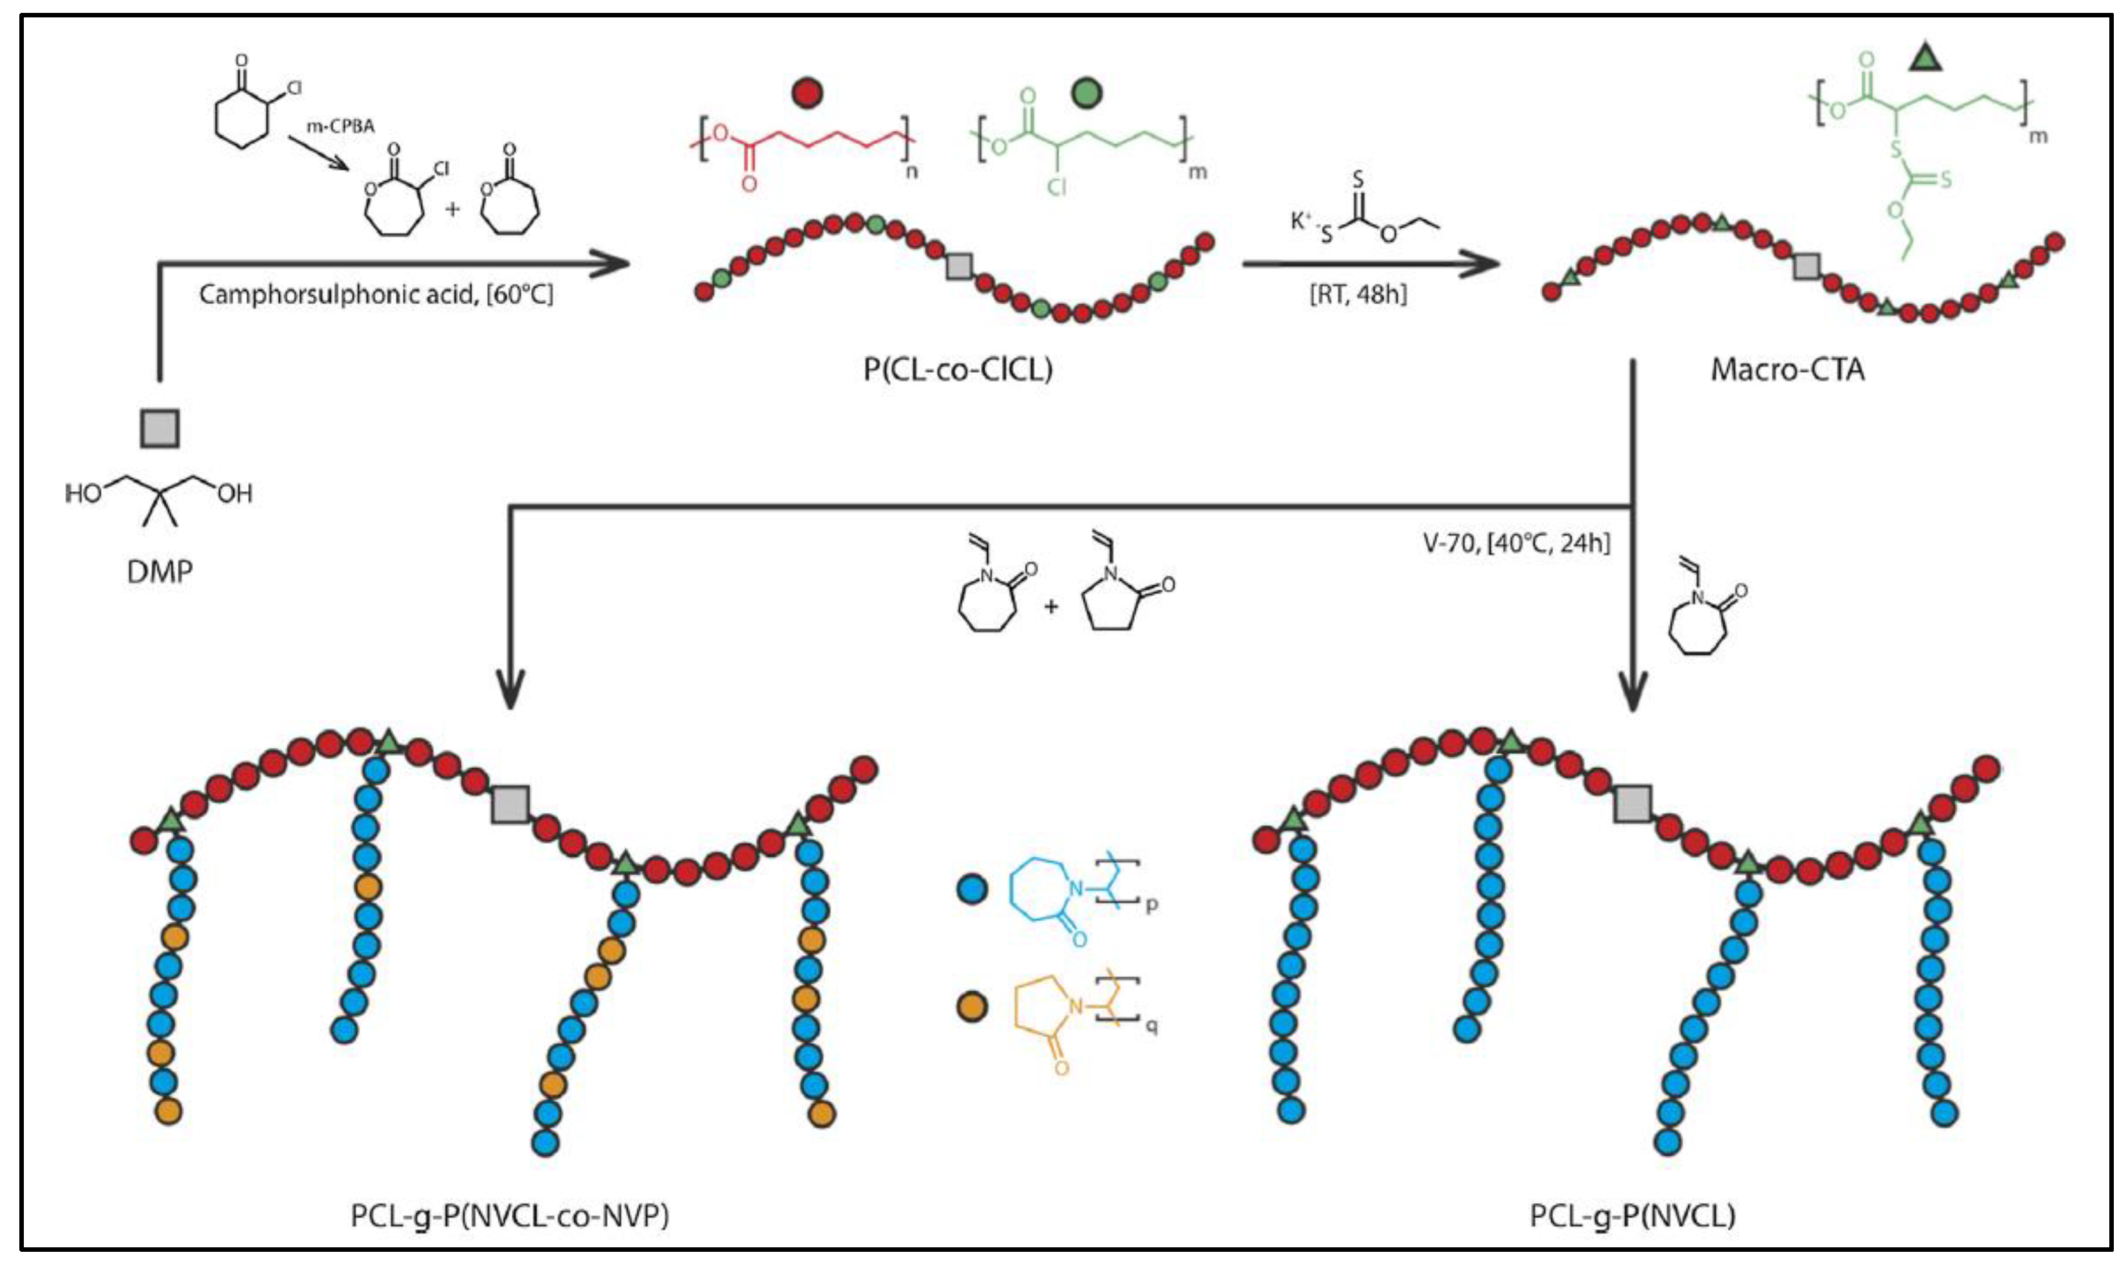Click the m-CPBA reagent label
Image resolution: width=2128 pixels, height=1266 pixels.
340,126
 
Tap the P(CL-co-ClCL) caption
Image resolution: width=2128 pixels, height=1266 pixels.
958,369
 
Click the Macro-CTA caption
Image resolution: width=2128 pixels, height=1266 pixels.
1787,369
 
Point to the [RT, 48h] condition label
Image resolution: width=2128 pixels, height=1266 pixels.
1358,295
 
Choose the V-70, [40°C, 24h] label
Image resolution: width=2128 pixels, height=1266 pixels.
1516,543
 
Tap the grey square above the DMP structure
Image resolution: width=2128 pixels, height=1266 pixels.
159,428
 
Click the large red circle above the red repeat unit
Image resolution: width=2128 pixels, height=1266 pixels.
807,92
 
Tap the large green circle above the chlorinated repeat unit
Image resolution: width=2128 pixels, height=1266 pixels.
1087,92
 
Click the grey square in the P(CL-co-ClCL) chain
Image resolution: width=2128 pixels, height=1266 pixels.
959,266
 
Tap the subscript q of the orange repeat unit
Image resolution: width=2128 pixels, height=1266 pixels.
1152,1026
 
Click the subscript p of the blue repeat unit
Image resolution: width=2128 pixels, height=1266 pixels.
1152,906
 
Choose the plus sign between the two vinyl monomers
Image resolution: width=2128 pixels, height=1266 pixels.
1050,607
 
